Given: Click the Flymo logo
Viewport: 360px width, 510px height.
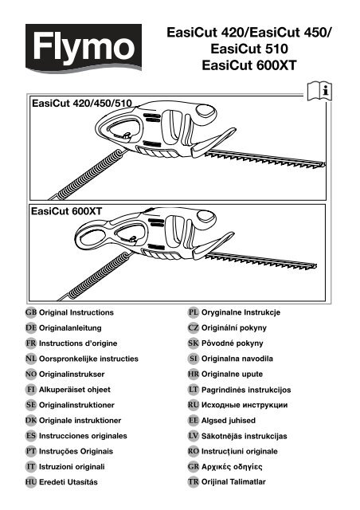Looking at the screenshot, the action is point(84,48).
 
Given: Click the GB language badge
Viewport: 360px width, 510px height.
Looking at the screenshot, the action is point(31,312).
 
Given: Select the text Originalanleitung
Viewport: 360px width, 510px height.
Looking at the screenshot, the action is point(70,328).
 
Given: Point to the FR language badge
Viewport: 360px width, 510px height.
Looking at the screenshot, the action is point(31,343).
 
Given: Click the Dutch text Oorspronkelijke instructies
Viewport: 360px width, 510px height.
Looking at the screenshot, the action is point(88,359).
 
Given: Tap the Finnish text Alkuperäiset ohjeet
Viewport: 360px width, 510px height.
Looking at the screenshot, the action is point(75,390).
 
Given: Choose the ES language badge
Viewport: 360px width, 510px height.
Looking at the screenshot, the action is point(31,436).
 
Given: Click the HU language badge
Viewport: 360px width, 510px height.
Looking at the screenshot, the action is point(31,482).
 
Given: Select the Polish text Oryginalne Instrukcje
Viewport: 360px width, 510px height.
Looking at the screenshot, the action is point(241,312).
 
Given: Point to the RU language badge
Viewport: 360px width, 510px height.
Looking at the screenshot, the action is point(194,405).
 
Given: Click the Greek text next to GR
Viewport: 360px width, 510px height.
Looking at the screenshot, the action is point(232,467).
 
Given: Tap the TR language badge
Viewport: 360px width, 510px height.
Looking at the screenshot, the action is point(194,482).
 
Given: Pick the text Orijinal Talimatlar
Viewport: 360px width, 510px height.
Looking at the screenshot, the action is point(233,481).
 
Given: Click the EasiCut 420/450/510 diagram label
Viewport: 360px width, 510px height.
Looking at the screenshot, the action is point(82,104).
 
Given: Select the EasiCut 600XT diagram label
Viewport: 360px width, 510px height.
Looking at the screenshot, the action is point(66,211).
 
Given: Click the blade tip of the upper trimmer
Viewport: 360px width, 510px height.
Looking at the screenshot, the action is point(323,164).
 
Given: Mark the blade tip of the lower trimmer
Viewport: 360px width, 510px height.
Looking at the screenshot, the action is point(315,266).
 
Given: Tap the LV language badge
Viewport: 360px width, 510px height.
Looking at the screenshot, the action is point(194,436).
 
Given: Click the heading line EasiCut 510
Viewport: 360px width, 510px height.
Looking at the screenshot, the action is point(249,49).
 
